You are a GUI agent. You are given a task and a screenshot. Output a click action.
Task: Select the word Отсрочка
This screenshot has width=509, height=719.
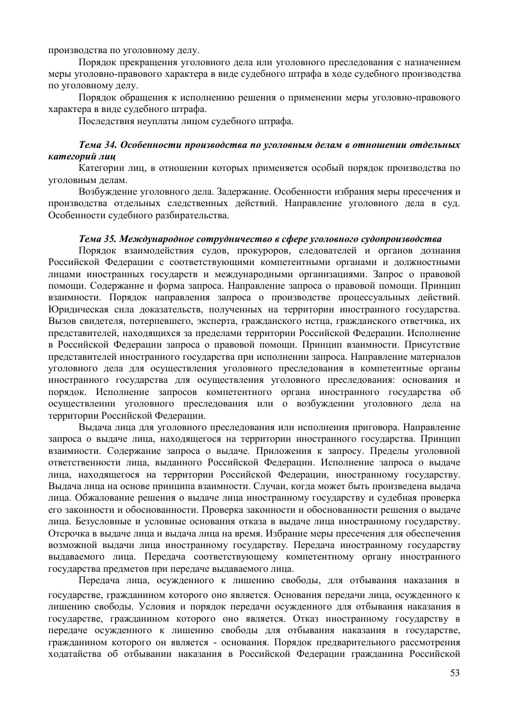pyautogui.click(x=69, y=533)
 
